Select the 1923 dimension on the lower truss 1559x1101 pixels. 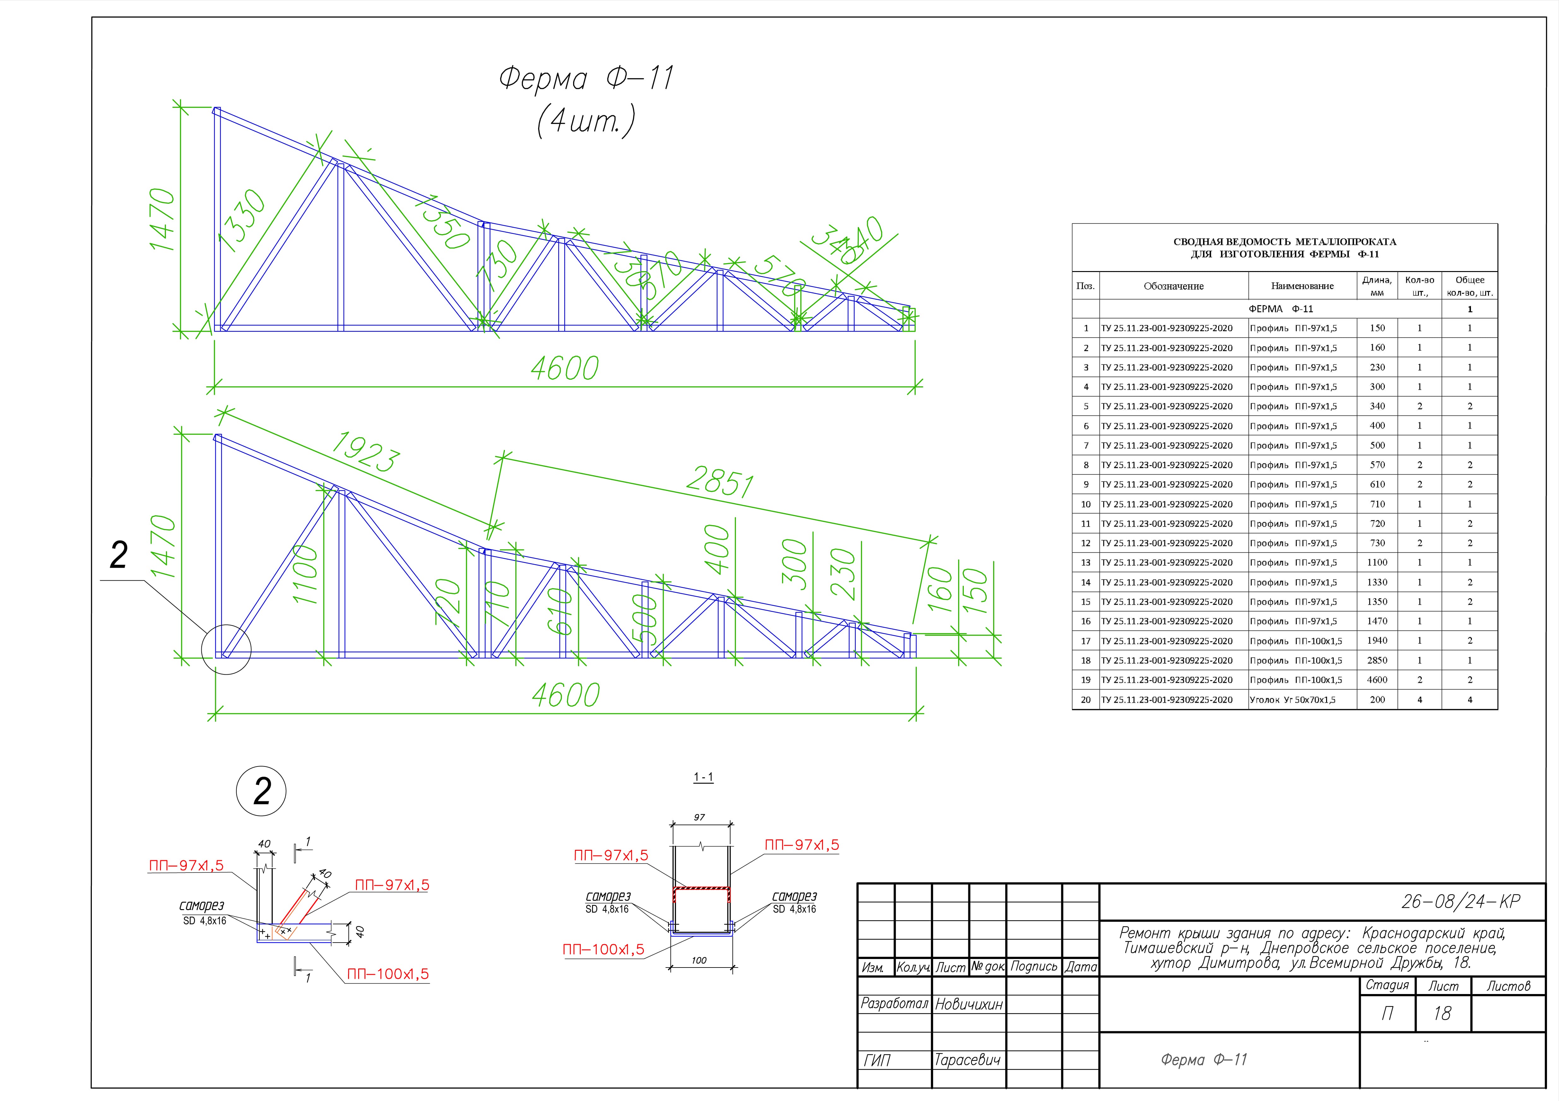tap(365, 451)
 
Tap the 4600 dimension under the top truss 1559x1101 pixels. tap(564, 369)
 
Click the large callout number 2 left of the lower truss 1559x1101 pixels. tap(119, 556)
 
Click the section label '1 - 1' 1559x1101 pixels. tap(703, 777)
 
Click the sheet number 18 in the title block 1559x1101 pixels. tap(1442, 1014)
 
